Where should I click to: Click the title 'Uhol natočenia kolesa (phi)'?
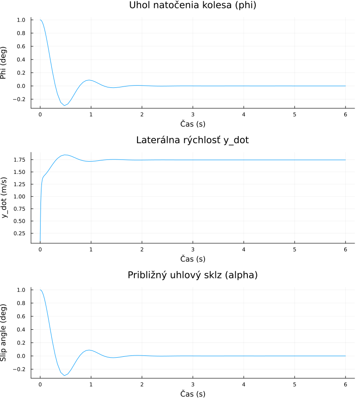[192, 5]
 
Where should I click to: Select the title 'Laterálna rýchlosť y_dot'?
[192, 140]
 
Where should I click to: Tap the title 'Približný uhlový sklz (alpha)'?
[192, 275]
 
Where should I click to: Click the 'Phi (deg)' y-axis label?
[4, 63]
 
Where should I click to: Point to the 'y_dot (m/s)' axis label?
[5, 197]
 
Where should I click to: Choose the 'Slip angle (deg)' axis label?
[4, 332]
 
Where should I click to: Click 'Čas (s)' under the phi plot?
[192, 123]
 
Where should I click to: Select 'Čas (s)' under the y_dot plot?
[192, 259]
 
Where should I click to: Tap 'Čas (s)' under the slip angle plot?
[192, 394]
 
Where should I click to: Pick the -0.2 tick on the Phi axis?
[20, 99]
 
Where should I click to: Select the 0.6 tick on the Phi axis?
[21, 46]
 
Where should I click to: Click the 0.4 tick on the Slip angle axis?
[21, 329]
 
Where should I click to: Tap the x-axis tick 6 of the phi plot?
[345, 114]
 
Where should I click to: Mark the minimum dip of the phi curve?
[65, 105]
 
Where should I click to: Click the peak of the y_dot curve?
[65, 155]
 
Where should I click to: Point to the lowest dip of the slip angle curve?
[65, 375]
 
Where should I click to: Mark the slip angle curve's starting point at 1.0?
[41, 290]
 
